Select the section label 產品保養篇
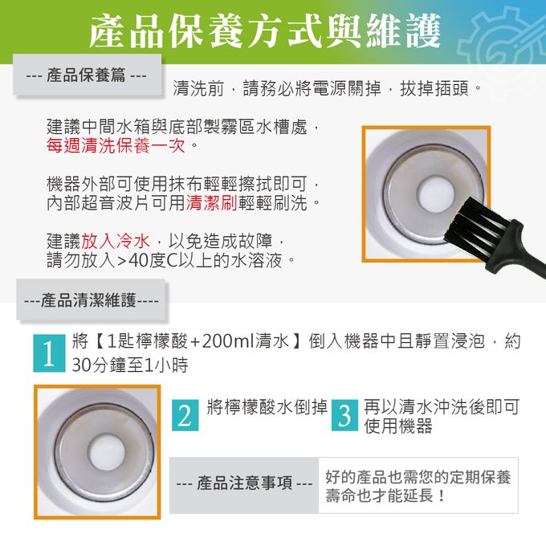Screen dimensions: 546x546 pos(86,75)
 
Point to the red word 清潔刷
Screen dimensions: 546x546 pos(211,202)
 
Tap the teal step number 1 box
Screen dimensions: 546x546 pos(49,353)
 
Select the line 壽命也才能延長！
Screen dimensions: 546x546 pos(386,495)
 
